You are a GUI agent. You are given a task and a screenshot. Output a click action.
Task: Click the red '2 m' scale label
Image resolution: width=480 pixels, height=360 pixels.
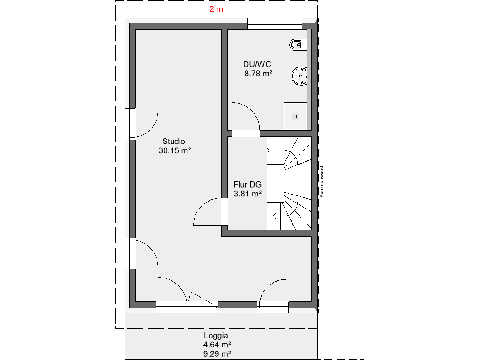[x=216, y=9]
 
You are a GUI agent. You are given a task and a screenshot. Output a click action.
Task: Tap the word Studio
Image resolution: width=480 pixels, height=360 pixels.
[x=173, y=141]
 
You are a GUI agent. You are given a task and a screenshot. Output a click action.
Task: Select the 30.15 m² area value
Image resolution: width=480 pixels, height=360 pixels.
[x=175, y=150]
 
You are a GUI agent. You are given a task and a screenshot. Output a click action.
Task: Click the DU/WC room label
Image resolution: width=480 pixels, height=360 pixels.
[x=257, y=64]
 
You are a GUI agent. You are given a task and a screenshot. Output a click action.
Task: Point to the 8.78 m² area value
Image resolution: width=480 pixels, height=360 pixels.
[x=258, y=74]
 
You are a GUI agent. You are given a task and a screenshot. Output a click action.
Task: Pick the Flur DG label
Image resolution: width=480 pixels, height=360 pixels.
[x=247, y=184]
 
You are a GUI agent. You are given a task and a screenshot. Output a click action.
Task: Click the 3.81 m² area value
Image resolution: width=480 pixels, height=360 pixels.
[x=247, y=194]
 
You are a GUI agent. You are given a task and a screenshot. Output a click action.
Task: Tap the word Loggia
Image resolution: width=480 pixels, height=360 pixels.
[x=216, y=336]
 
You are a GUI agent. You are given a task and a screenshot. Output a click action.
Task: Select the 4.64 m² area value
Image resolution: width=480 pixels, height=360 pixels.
[x=217, y=345]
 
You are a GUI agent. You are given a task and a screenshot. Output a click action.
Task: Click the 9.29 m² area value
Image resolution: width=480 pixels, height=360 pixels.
[x=217, y=354]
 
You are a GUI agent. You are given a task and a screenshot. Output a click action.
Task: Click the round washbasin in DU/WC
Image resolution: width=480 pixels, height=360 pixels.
[x=299, y=76]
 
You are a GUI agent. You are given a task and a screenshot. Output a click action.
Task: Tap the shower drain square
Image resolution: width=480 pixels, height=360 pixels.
[x=295, y=116]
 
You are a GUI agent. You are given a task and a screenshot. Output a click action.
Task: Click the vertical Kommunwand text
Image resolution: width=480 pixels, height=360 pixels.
[x=322, y=181]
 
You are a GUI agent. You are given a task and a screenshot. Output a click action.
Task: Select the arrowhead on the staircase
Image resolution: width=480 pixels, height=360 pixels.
[x=274, y=216]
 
